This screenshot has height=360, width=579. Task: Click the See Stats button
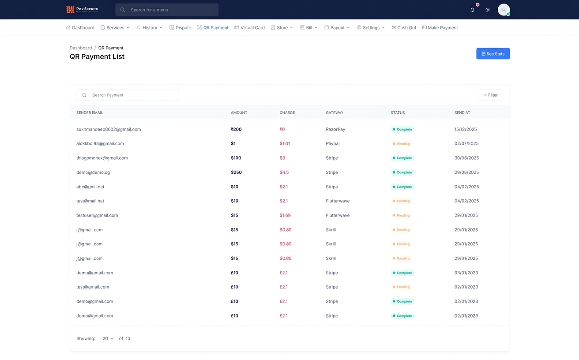[493, 53]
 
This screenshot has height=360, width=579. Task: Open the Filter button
[490, 95]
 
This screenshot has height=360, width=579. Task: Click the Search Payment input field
[128, 95]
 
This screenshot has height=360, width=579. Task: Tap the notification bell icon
[472, 10]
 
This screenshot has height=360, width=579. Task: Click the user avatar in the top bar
[504, 10]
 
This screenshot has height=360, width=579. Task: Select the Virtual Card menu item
[249, 27]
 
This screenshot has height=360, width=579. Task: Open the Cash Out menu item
[404, 27]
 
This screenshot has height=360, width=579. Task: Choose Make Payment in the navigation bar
[440, 27]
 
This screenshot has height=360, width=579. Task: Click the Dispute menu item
[180, 27]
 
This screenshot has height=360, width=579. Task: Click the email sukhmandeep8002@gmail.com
[109, 129]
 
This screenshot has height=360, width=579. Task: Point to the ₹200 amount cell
[236, 129]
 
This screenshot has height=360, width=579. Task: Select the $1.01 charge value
[285, 143]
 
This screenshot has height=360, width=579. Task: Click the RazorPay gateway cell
[335, 129]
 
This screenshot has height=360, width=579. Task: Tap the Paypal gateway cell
[332, 143]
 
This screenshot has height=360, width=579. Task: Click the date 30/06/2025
[466, 158]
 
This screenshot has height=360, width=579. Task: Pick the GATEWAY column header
[335, 112]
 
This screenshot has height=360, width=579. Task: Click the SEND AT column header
[462, 112]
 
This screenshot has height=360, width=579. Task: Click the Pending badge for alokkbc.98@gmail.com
[401, 144]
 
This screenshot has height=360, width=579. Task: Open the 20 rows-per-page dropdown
[108, 338]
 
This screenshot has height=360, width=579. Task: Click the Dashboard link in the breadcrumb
[81, 48]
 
